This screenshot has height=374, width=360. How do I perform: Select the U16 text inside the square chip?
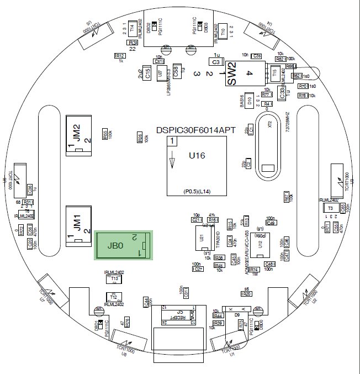(197, 156)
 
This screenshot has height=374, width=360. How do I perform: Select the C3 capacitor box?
(216, 62)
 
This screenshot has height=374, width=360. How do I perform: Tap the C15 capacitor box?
(147, 74)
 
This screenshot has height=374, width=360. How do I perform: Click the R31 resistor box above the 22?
(133, 43)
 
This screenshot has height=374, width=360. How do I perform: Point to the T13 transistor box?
(115, 280)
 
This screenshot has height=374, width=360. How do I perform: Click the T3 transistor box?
(330, 208)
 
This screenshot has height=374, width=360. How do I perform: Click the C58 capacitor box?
(177, 71)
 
